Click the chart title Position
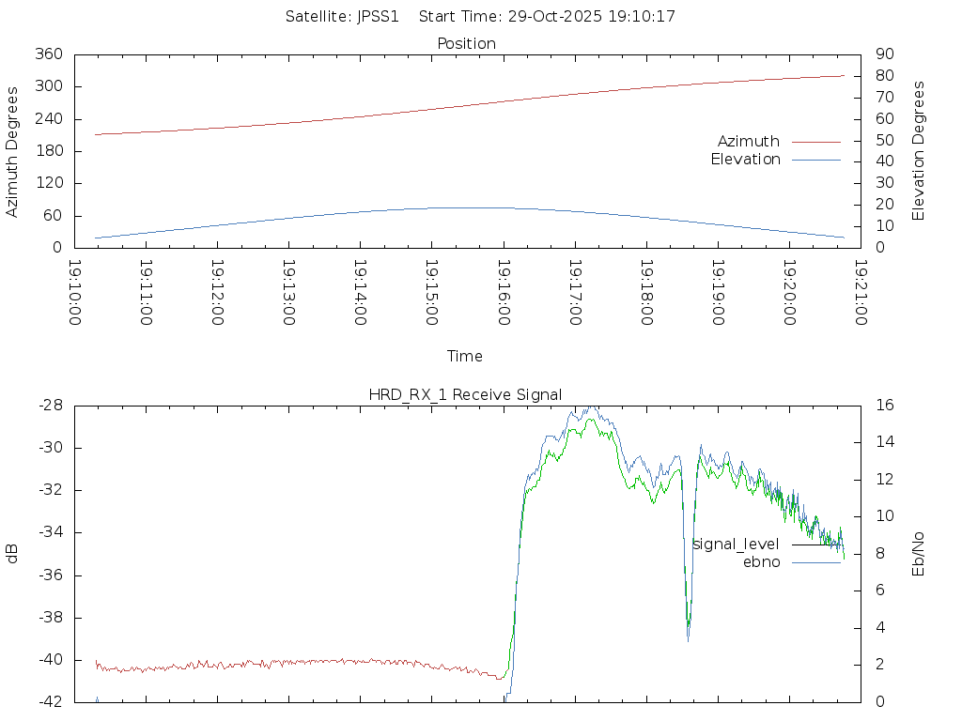[x=466, y=43]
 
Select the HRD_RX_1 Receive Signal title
[x=465, y=394]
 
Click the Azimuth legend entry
[x=749, y=142]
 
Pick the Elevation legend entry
[x=745, y=160]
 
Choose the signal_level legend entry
[x=736, y=545]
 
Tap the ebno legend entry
[x=761, y=561]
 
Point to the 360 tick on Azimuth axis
[x=48, y=54]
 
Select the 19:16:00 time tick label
[x=504, y=293]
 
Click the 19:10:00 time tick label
[x=75, y=293]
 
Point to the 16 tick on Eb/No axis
[x=884, y=406]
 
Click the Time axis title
[x=465, y=357]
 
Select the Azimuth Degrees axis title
[x=13, y=151]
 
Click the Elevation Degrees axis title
[x=919, y=151]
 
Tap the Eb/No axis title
[x=919, y=554]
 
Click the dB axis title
[x=13, y=554]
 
